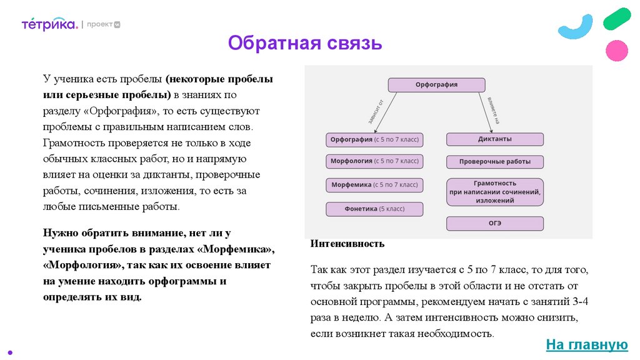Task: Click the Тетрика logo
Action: click(x=49, y=24)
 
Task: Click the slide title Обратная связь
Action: click(x=304, y=43)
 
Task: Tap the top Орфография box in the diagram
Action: click(x=436, y=85)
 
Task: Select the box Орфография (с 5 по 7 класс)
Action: click(x=374, y=139)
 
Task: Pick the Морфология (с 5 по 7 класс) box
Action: click(x=374, y=162)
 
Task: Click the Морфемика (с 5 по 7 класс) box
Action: click(x=374, y=185)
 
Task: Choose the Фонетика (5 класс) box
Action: click(x=374, y=209)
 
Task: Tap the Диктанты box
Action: click(x=494, y=139)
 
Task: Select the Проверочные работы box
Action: click(x=494, y=162)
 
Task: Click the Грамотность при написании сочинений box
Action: click(x=494, y=192)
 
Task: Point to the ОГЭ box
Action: click(x=494, y=223)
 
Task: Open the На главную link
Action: click(x=586, y=344)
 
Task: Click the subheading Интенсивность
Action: click(x=347, y=243)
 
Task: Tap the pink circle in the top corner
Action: click(x=617, y=50)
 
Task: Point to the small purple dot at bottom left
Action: click(x=7, y=351)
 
